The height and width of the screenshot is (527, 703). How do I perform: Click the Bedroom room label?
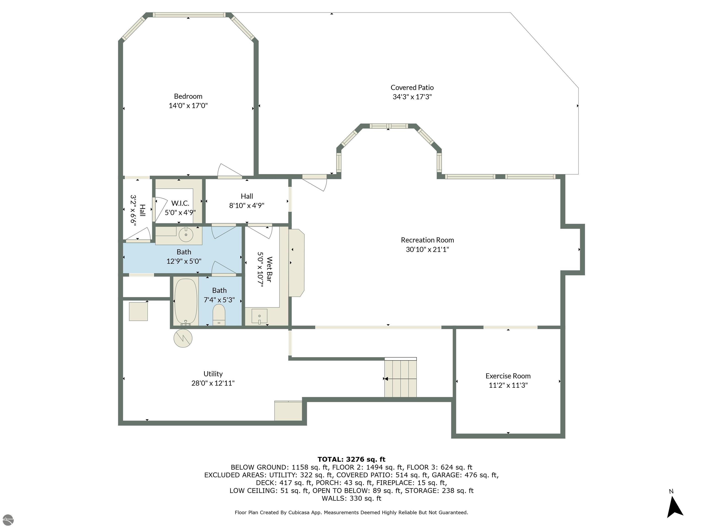click(188, 96)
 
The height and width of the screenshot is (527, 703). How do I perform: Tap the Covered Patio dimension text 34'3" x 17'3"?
click(412, 97)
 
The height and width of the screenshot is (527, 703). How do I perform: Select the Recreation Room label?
click(427, 240)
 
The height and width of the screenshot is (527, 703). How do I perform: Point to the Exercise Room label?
click(508, 376)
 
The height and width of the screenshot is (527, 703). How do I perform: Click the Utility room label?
click(213, 374)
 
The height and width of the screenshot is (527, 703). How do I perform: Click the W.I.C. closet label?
click(180, 203)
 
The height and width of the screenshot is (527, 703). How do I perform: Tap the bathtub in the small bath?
click(186, 302)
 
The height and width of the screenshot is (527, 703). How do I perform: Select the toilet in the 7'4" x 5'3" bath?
click(219, 315)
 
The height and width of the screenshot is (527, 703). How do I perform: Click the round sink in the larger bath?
click(186, 235)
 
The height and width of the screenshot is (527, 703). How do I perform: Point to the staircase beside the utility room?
click(400, 377)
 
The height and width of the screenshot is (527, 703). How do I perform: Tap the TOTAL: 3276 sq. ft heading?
click(351, 459)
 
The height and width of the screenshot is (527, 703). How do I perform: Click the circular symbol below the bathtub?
click(183, 338)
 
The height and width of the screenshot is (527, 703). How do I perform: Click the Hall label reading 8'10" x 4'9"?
click(247, 201)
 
